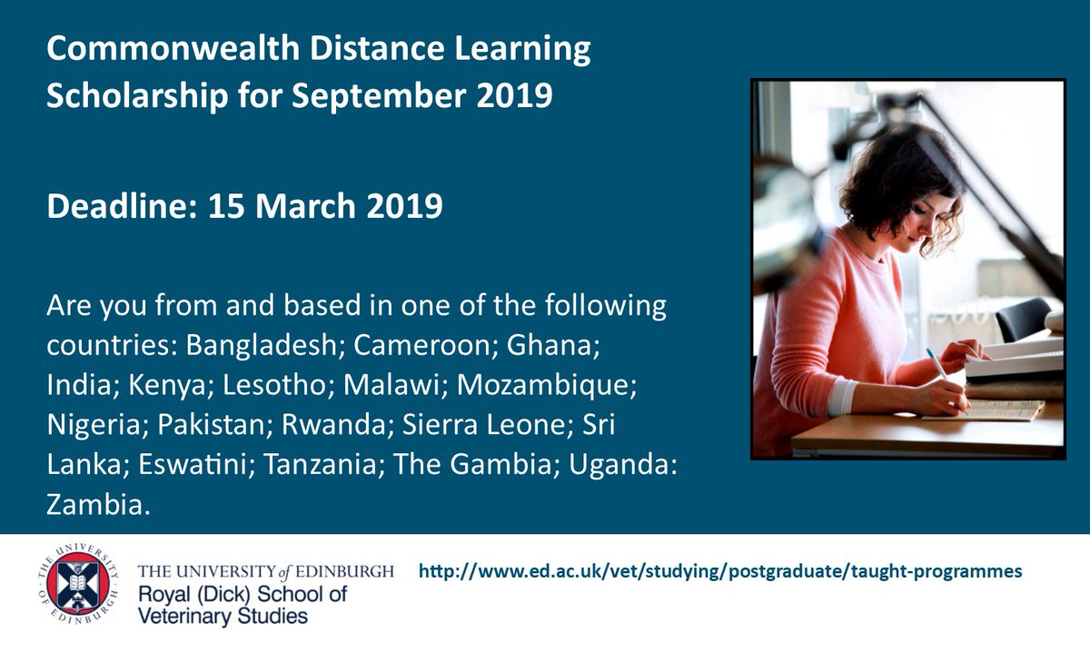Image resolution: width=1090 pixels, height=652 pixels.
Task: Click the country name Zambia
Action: [x=95, y=502]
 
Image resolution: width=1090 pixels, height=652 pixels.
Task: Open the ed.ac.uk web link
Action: [x=720, y=571]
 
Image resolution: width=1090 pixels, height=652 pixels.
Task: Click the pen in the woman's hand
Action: [x=936, y=362]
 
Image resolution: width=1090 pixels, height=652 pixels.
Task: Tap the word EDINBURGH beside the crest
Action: [x=348, y=572]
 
